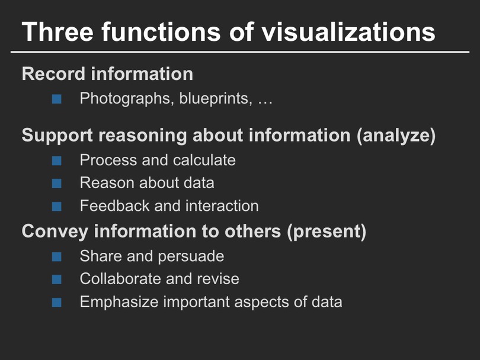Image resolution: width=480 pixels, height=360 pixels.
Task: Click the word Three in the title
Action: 57,31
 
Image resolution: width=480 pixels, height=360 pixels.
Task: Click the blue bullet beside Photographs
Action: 57,99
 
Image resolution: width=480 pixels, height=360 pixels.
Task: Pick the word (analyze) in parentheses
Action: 396,136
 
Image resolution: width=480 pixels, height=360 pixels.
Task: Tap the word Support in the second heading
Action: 57,136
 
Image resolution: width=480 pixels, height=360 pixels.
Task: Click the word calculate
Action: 204,160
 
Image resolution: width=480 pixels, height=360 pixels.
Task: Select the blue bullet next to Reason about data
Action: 57,184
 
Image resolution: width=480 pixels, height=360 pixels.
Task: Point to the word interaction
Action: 222,205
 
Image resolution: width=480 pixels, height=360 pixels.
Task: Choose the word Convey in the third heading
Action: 55,231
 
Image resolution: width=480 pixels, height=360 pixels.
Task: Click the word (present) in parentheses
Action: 327,232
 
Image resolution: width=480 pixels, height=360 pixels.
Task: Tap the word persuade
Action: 191,256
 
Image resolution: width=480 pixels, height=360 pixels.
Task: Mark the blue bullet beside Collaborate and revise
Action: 57,279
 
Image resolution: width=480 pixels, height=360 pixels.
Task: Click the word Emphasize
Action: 119,302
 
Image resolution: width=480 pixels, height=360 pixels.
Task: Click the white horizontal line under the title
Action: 240,52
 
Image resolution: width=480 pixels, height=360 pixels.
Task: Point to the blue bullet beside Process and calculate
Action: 57,161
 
